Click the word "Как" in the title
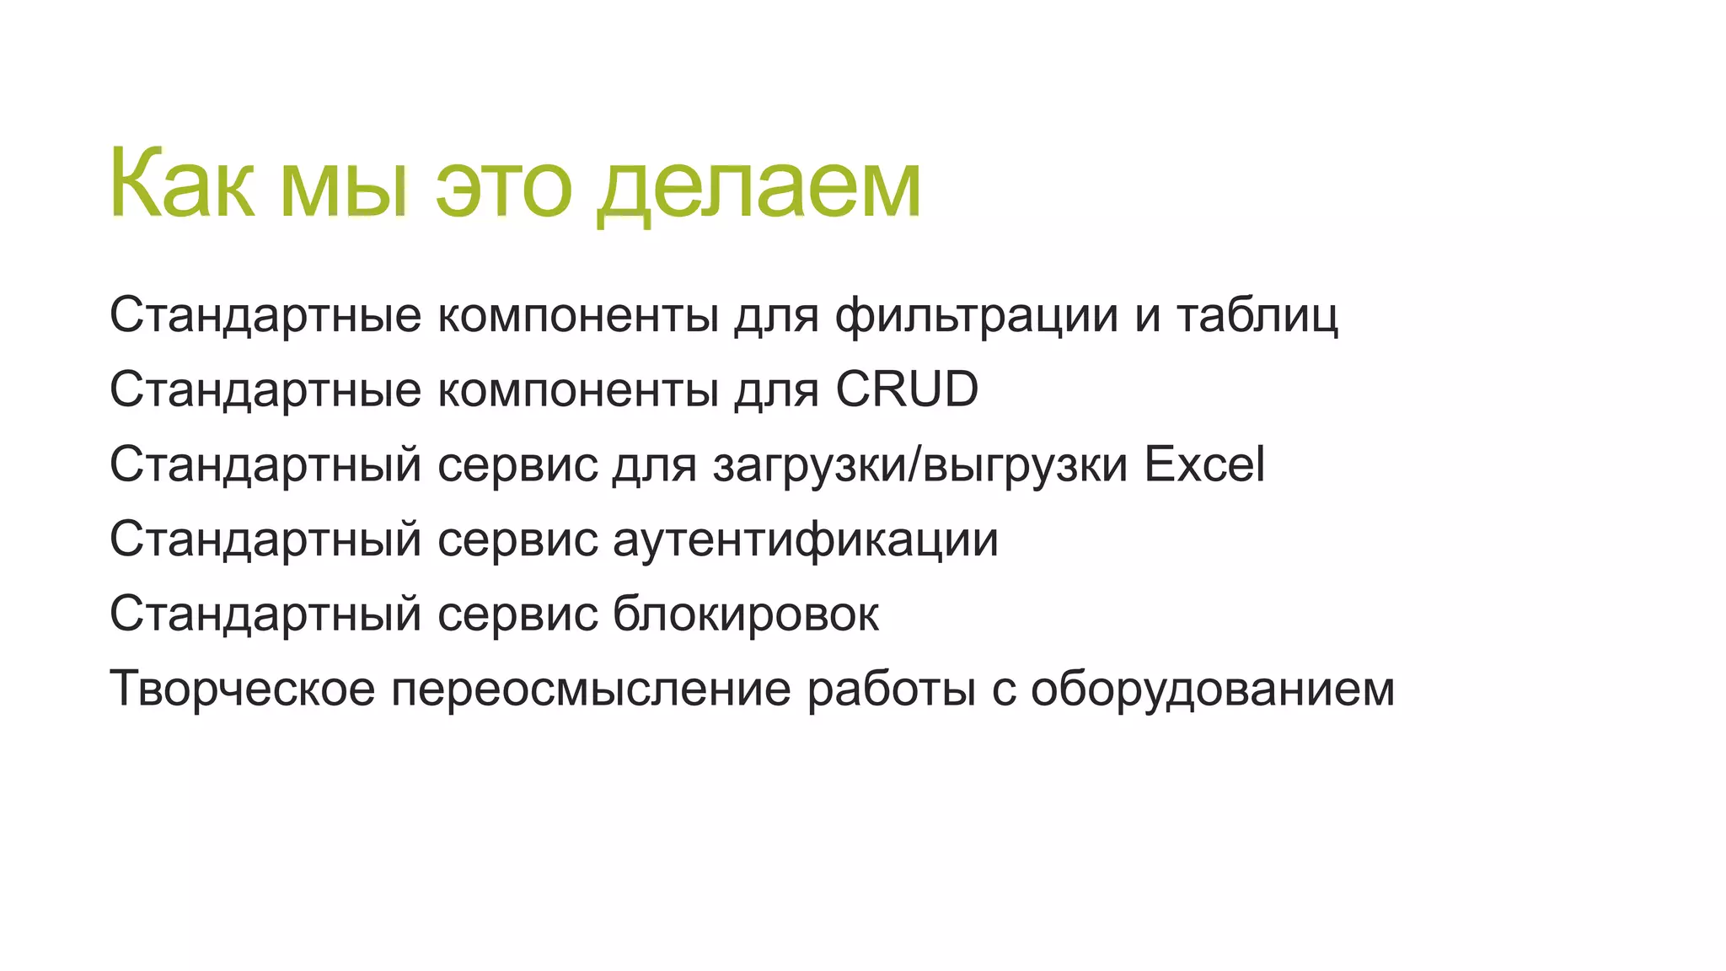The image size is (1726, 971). coord(181,184)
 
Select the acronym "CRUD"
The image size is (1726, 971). coord(907,389)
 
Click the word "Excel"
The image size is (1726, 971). coord(1204,464)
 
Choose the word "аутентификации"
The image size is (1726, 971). coord(806,539)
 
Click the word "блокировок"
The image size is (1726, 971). coord(746,614)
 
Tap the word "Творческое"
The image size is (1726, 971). coord(243,689)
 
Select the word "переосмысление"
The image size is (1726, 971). coord(592,689)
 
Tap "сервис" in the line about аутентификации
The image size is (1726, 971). coord(517,539)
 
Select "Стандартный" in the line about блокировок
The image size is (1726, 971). coord(265,614)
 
